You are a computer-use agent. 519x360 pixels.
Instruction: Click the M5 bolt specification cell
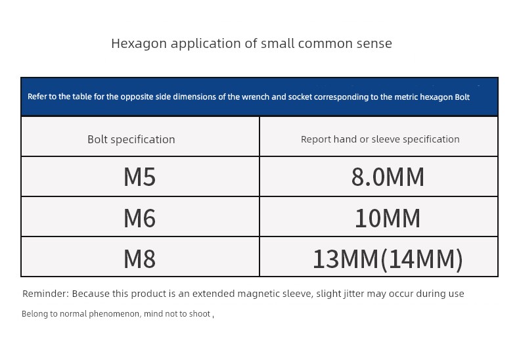[x=139, y=177]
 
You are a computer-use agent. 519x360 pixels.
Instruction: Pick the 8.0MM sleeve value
[x=388, y=177]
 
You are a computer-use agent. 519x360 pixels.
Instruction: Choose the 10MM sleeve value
[x=388, y=218]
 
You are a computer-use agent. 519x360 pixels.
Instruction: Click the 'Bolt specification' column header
[x=131, y=140]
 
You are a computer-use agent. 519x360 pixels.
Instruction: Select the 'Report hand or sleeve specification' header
[x=380, y=139]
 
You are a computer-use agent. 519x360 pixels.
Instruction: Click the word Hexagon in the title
[x=139, y=43]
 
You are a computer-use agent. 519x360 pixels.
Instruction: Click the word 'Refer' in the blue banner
[x=34, y=97]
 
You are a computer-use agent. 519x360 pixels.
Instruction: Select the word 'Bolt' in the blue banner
[x=463, y=97]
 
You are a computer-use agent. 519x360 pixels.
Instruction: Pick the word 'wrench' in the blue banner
[x=253, y=97]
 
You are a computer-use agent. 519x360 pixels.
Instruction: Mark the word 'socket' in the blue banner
[x=300, y=97]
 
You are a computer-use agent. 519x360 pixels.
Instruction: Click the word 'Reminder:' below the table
[x=46, y=294]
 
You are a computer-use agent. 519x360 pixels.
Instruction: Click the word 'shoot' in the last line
[x=200, y=313]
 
